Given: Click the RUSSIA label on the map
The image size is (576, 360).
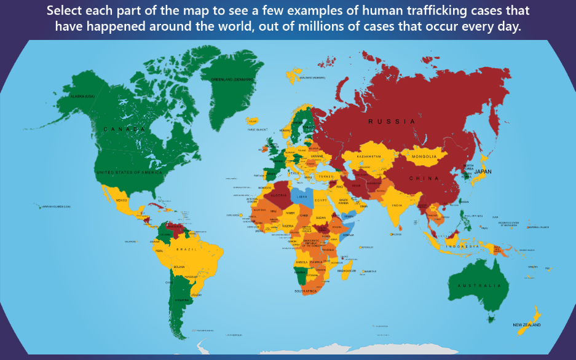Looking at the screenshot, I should [x=392, y=122].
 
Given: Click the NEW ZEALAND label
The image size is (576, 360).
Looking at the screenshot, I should [x=527, y=324].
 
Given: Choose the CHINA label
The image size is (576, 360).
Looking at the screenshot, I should [x=424, y=178].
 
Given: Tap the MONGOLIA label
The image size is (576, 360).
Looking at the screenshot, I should [x=424, y=156].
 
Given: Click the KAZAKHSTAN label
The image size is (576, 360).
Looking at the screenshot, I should [x=369, y=157].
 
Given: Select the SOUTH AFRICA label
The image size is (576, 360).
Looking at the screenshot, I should [x=306, y=291].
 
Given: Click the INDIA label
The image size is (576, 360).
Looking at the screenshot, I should [x=398, y=205].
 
